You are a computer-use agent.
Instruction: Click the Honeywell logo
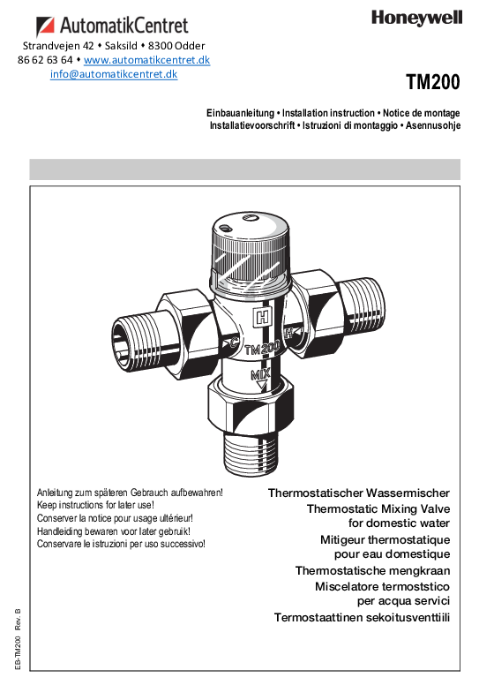click(x=417, y=17)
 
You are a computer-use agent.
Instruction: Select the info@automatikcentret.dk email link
click(x=114, y=74)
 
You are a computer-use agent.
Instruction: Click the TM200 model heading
click(x=433, y=82)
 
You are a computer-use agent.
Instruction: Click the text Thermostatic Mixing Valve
click(x=378, y=509)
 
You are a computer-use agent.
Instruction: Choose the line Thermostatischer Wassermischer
click(x=359, y=493)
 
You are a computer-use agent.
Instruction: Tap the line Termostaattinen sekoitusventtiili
click(x=362, y=616)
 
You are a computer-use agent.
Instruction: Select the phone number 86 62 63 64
click(x=45, y=60)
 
